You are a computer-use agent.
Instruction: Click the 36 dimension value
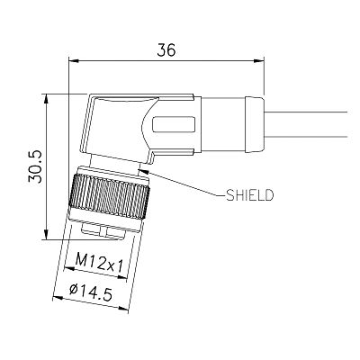166,50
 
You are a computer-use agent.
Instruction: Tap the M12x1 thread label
99,263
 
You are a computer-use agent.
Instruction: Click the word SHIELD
249,195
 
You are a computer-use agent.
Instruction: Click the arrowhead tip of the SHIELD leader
138,170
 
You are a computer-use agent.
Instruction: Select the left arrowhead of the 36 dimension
74,61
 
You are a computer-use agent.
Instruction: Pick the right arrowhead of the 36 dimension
258,61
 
